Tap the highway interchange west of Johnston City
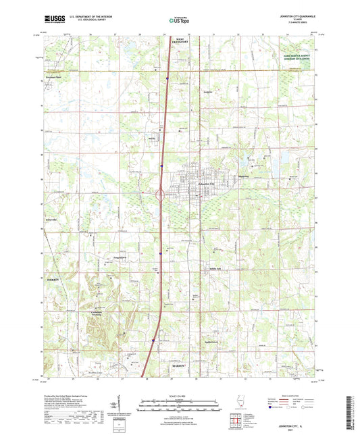click(161, 195)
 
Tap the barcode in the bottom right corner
click(349, 412)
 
